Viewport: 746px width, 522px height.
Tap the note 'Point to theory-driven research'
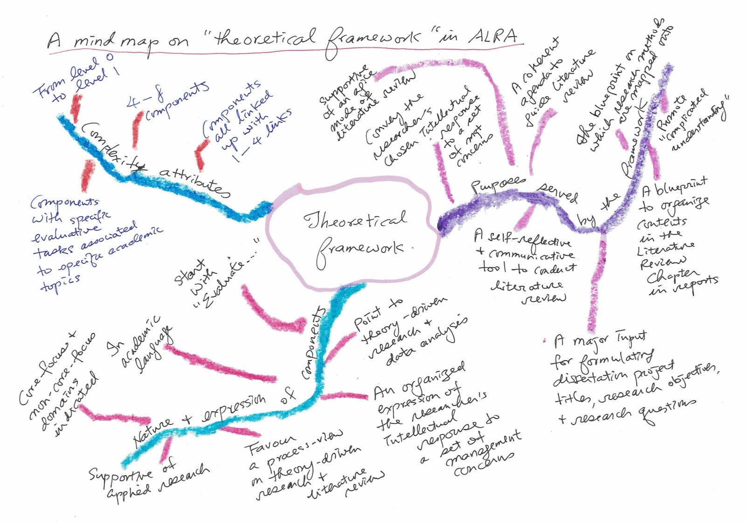(406, 331)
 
